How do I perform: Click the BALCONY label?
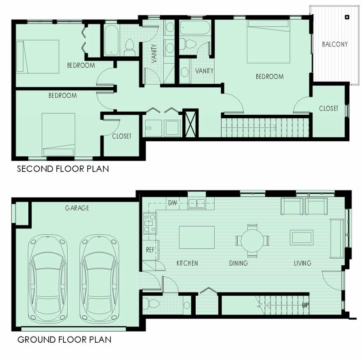[x=335, y=44]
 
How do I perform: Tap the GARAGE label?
[x=77, y=208]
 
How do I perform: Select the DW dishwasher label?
[x=173, y=203]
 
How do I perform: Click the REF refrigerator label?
[x=150, y=250]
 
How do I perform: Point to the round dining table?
[x=252, y=240]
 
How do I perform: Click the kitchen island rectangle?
[x=197, y=237]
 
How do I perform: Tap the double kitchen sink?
[x=197, y=204]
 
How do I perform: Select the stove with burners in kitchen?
[x=150, y=223]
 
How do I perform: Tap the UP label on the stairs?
[x=305, y=306]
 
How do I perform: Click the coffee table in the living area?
[x=301, y=237]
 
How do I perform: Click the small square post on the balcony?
[x=347, y=17]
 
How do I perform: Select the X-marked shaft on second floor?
[x=190, y=123]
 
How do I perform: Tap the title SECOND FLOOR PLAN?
[x=63, y=169]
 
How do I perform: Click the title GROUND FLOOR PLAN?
[x=64, y=340]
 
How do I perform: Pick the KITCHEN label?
[x=187, y=263]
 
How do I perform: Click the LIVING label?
[x=303, y=263]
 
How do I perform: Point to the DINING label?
[x=239, y=263]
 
